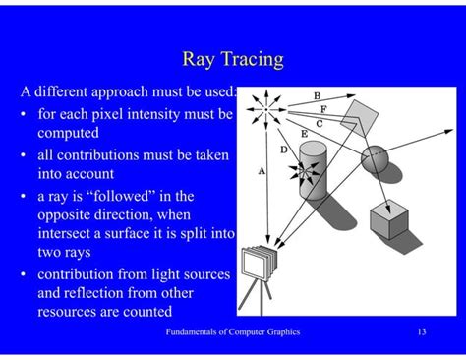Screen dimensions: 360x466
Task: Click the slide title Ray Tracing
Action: coord(233,59)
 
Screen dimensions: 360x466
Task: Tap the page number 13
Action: coord(421,332)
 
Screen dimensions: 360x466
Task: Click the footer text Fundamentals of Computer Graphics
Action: coord(233,332)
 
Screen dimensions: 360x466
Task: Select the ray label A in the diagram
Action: coord(262,170)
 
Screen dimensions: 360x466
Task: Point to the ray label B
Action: coord(317,95)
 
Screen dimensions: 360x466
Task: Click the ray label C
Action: coord(320,123)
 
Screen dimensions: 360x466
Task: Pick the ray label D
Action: coord(284,150)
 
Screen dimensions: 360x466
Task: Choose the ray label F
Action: coord(323,109)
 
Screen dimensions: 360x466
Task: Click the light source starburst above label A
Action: coord(262,105)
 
